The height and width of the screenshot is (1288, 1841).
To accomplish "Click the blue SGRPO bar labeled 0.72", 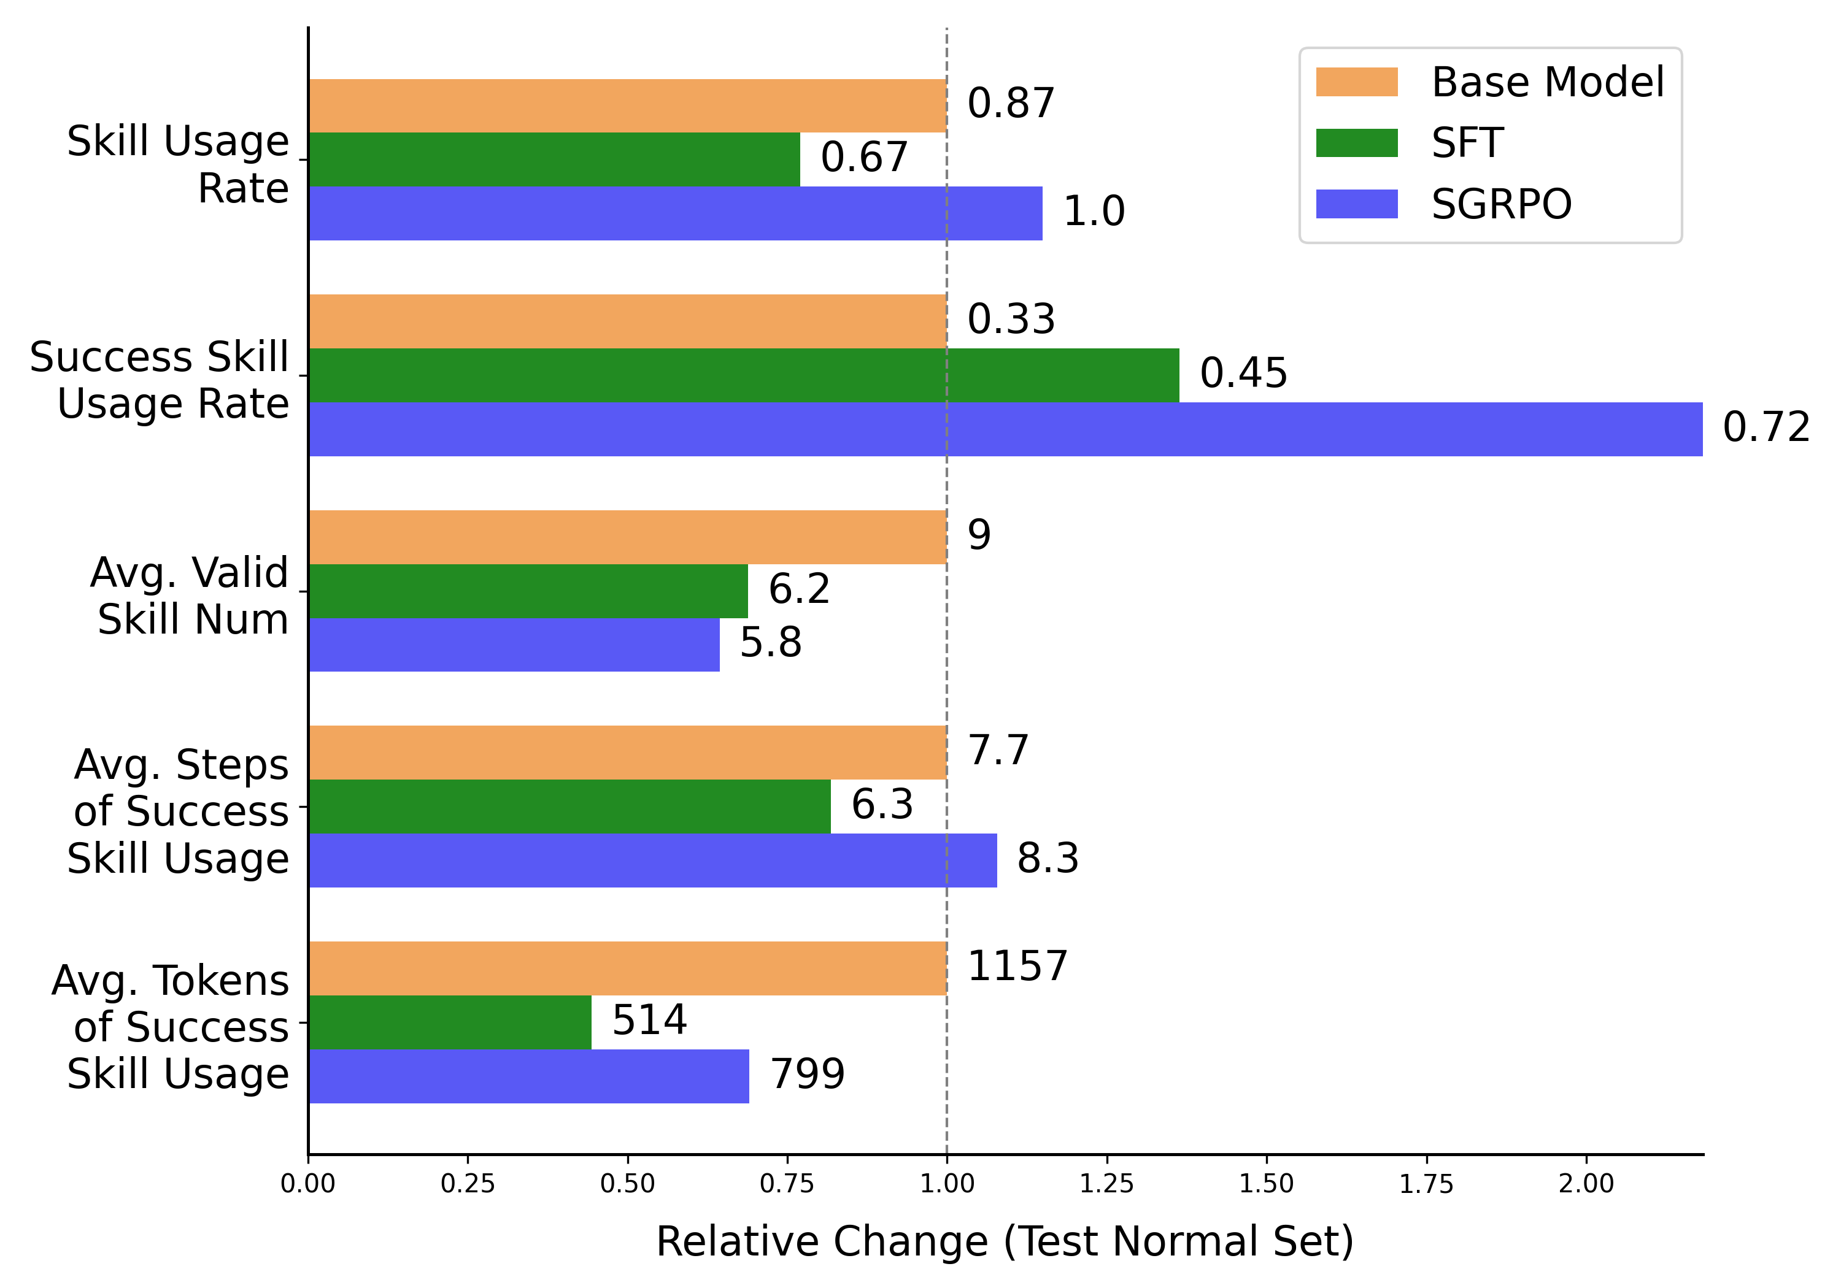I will [1006, 429].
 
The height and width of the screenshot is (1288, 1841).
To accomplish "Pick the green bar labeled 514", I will [450, 1022].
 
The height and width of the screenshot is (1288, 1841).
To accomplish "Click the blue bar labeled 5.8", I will [514, 645].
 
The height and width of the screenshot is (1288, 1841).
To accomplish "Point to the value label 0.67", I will [863, 157].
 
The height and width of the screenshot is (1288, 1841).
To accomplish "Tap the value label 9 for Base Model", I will [979, 535].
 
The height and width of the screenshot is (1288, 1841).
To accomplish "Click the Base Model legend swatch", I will [1357, 82].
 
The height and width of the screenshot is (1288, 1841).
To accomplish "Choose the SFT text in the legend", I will [1467, 144].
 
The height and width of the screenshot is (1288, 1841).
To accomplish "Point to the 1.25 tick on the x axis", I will [1106, 1184].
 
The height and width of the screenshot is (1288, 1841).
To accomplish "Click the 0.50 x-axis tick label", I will [627, 1184].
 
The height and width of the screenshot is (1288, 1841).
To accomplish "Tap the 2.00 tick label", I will [1585, 1184].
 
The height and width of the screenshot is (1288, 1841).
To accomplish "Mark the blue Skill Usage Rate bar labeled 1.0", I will [675, 213].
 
